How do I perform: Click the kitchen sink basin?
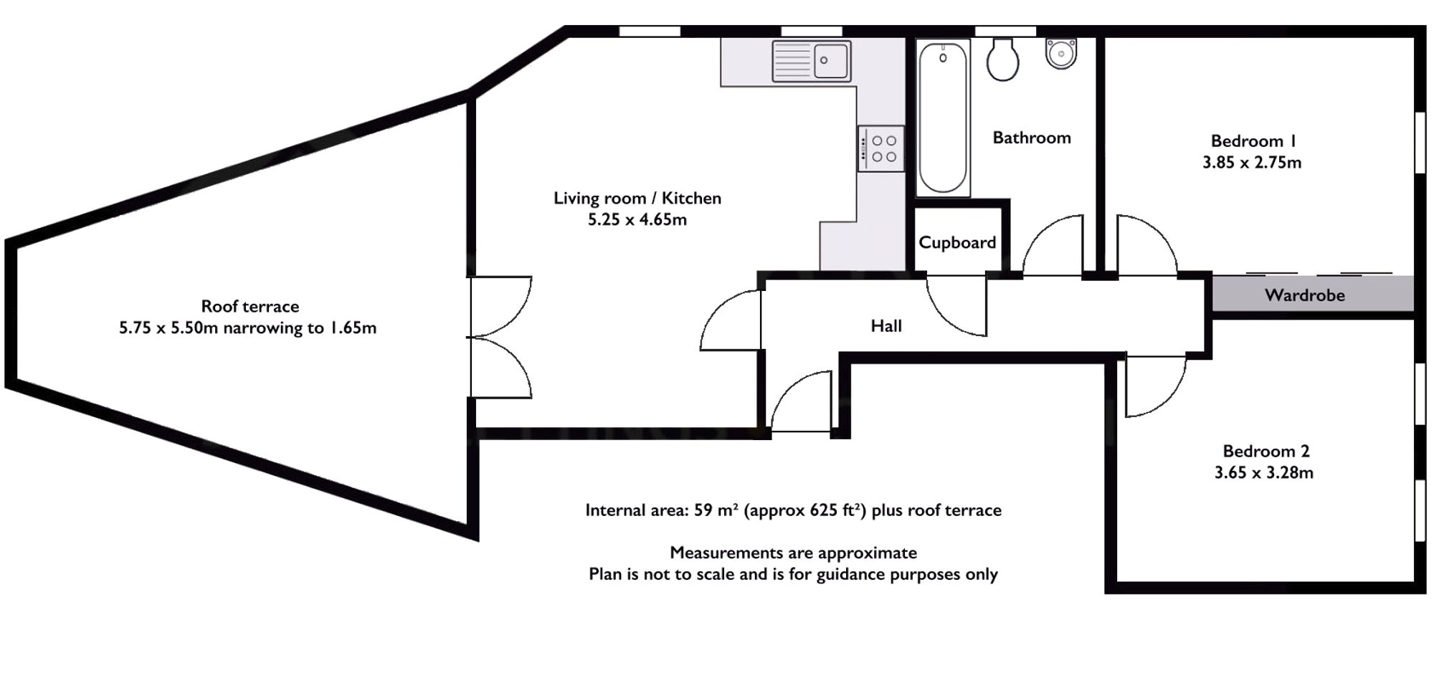coord(831,61)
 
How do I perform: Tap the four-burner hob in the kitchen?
coord(880,149)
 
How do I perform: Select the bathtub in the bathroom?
coord(943,118)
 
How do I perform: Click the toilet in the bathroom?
coord(1002,59)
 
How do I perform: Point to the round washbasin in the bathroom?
coord(1061,52)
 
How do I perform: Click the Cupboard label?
coord(957,243)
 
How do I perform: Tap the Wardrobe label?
coord(1304,295)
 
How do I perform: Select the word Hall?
coord(886,326)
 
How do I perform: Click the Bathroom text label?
coord(1032,138)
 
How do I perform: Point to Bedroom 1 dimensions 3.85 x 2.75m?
coord(1252,163)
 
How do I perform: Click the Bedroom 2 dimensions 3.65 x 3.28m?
coord(1263,473)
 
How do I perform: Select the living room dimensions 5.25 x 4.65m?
coord(637,220)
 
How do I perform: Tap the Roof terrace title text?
coord(250,307)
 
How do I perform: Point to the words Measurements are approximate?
coord(793,553)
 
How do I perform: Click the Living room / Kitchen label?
coord(637,199)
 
